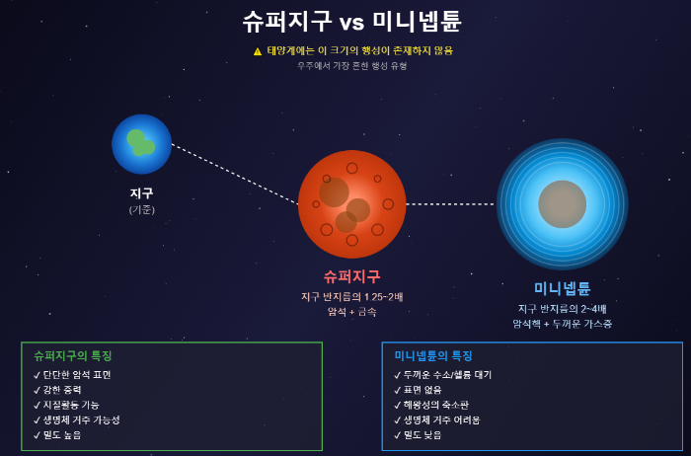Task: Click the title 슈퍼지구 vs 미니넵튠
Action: pos(351,22)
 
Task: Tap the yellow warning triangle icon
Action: pos(258,51)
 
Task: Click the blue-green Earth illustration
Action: pos(141,144)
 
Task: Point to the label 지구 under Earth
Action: pos(141,193)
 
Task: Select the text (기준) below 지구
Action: pos(141,209)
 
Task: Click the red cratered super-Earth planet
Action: pos(351,204)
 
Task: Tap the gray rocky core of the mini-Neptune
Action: pos(562,204)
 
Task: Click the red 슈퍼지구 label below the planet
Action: pos(351,276)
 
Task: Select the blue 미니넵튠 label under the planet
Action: pos(562,288)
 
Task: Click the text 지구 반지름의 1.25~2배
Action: pos(351,296)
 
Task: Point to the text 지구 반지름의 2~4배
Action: pos(562,308)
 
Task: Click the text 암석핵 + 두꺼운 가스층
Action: pos(562,324)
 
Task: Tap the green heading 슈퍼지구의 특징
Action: pos(73,355)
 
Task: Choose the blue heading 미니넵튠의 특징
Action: pos(433,355)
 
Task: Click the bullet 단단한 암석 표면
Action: pos(77,375)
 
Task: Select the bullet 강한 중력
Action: pos(62,390)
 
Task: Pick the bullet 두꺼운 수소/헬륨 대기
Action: pos(447,375)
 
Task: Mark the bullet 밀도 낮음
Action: pos(422,434)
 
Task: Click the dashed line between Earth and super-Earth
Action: pos(235,175)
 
